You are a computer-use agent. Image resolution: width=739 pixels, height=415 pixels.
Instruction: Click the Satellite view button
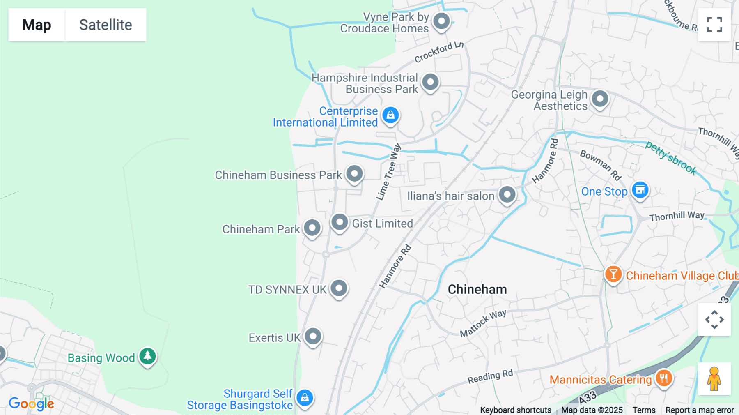click(106, 25)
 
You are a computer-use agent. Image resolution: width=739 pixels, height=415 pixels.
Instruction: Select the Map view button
click(37, 25)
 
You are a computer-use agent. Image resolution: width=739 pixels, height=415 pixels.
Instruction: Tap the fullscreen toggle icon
click(714, 25)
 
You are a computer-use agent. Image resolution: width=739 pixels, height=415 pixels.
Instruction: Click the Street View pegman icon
click(714, 379)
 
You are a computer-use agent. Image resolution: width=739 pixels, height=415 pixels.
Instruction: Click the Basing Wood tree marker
click(147, 356)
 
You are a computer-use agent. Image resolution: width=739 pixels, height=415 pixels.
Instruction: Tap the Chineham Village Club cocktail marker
click(613, 274)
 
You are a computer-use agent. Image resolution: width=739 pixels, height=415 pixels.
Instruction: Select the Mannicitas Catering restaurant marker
click(663, 378)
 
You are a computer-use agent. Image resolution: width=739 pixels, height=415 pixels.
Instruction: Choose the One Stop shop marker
click(640, 190)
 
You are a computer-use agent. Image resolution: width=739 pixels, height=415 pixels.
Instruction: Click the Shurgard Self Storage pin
click(305, 398)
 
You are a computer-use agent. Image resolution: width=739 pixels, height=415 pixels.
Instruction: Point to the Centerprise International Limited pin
click(390, 115)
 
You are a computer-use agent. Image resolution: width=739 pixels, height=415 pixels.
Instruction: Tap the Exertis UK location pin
click(313, 337)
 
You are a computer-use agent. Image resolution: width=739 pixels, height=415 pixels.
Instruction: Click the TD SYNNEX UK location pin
click(339, 288)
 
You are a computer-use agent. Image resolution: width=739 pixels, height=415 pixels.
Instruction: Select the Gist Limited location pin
click(340, 222)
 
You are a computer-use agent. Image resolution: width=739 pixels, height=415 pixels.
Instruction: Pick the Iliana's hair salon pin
click(507, 195)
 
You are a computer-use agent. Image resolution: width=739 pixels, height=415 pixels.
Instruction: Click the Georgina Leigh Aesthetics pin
click(600, 99)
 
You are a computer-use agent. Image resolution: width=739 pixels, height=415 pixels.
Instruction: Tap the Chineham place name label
click(477, 289)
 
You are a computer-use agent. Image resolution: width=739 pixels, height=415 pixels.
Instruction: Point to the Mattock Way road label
click(483, 323)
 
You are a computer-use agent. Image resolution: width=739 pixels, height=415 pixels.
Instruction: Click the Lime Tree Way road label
click(388, 172)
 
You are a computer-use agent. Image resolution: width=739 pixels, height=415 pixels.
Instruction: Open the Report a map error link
click(700, 410)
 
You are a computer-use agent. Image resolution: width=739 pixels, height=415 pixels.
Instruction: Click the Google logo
click(32, 403)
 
